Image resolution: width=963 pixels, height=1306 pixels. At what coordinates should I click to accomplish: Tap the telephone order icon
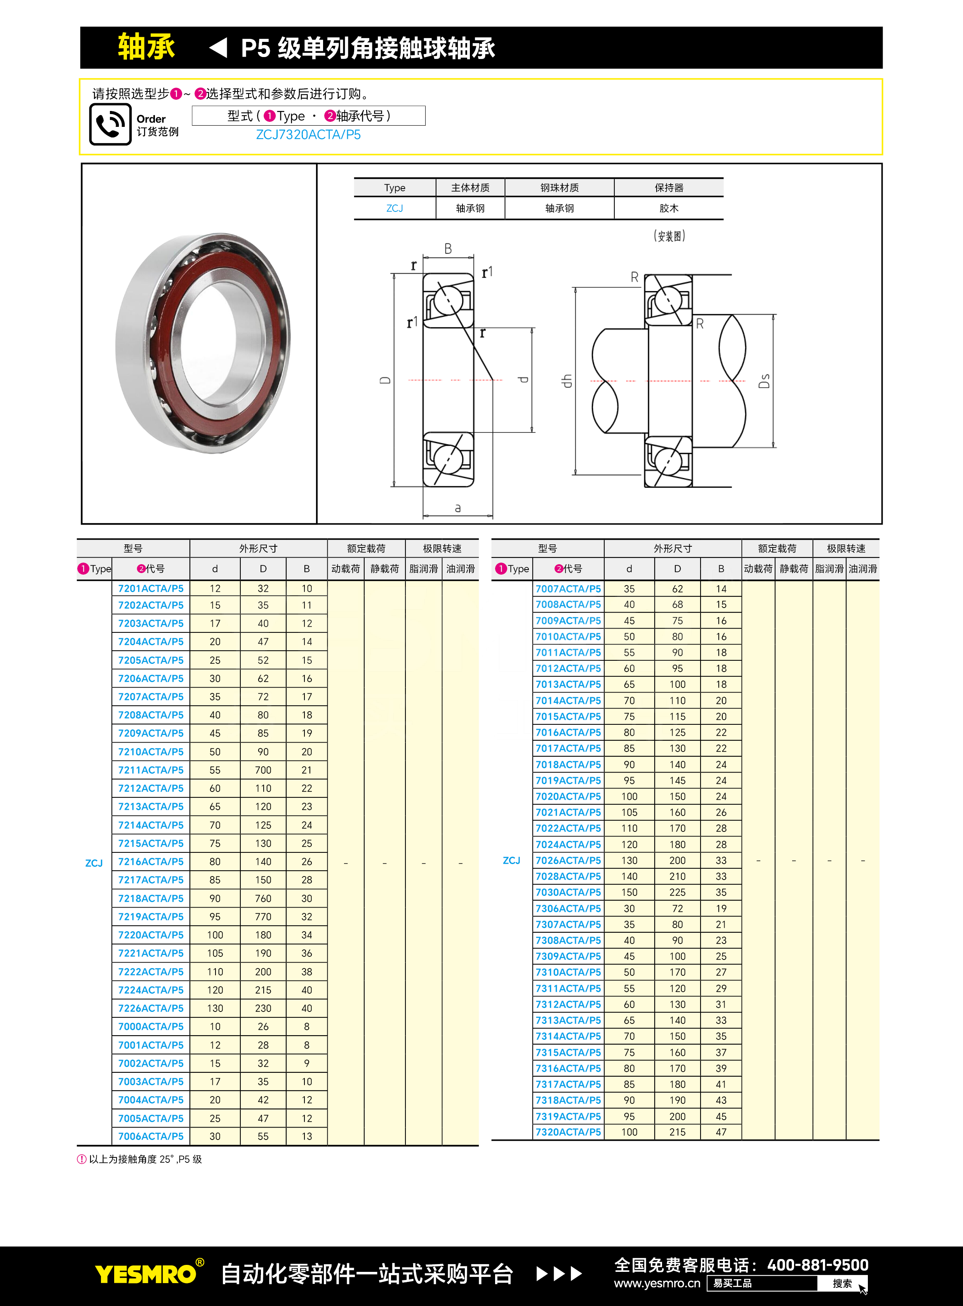click(x=110, y=124)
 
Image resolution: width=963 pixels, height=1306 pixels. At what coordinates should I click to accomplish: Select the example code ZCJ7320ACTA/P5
click(x=308, y=135)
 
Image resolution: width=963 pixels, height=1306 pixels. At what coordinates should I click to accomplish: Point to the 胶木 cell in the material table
click(x=669, y=208)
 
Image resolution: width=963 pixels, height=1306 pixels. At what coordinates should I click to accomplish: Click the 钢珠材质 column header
click(x=559, y=187)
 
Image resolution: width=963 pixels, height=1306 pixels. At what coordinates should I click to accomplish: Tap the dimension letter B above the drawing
click(x=448, y=249)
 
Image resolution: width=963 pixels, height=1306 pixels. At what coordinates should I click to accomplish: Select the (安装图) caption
click(x=669, y=236)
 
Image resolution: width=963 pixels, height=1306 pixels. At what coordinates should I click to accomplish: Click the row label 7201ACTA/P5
click(x=151, y=588)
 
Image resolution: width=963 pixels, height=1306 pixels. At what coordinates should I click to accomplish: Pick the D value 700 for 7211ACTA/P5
click(x=263, y=770)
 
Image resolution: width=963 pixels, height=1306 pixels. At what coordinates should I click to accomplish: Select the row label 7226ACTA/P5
click(x=151, y=1008)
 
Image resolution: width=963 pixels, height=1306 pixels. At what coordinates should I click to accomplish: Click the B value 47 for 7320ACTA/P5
click(x=721, y=1132)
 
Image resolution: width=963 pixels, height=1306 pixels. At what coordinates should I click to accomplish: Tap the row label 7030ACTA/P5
click(x=568, y=892)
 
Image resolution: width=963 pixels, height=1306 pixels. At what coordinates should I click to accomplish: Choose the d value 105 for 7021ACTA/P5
click(x=629, y=812)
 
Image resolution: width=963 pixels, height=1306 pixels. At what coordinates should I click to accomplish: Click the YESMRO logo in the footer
click(x=146, y=1274)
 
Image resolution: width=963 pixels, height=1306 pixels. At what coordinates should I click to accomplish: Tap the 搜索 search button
click(x=842, y=1283)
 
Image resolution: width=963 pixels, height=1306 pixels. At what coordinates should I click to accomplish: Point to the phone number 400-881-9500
click(x=817, y=1264)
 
